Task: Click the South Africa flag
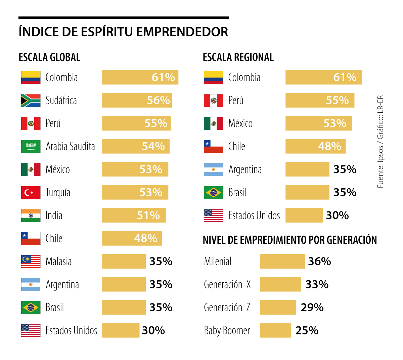(x=31, y=101)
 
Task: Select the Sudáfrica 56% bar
(x=137, y=101)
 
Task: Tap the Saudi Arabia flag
(x=31, y=147)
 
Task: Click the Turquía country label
(x=58, y=193)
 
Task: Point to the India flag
(x=31, y=215)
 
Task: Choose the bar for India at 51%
(x=134, y=215)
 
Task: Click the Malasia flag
(x=31, y=262)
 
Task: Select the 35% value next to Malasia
(x=161, y=262)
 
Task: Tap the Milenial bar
(x=282, y=262)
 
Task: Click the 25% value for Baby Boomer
(x=307, y=330)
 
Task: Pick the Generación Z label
(x=227, y=308)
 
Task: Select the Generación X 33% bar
(x=280, y=284)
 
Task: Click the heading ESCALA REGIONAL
(x=238, y=57)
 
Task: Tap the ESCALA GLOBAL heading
(x=49, y=57)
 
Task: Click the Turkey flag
(x=31, y=193)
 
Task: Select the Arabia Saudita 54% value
(x=153, y=147)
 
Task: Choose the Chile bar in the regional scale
(x=315, y=147)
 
